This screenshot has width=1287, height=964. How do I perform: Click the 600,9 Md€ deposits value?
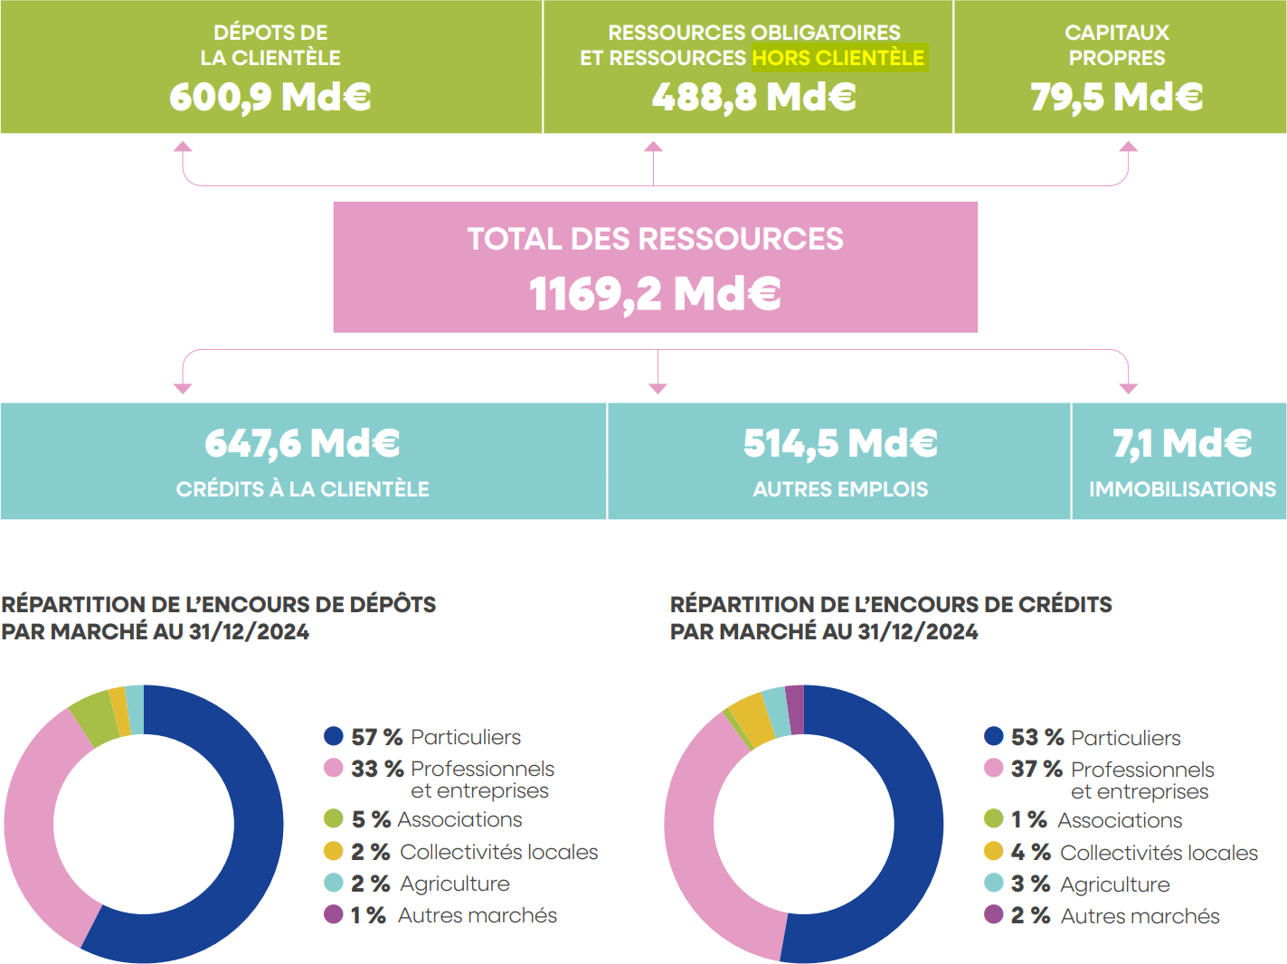(x=270, y=97)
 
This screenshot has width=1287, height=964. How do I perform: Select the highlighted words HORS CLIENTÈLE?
(x=838, y=58)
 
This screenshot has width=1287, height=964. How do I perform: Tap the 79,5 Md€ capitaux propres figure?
(x=1116, y=97)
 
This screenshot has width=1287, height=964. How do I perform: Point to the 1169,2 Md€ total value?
(x=655, y=294)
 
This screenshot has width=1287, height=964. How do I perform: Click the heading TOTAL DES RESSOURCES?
(x=655, y=239)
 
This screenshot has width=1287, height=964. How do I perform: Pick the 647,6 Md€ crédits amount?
(x=302, y=443)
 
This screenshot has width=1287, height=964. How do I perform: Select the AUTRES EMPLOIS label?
(x=840, y=489)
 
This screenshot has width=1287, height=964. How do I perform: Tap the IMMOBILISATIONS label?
(x=1182, y=489)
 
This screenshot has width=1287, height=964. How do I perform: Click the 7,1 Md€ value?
(x=1182, y=443)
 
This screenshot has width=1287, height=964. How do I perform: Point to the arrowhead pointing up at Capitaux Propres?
(x=1128, y=146)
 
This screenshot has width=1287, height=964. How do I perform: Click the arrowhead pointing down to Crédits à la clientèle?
(x=183, y=388)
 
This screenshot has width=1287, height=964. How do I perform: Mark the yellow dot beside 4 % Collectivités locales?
(x=994, y=852)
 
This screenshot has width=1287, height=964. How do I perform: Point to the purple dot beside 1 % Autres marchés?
(x=334, y=914)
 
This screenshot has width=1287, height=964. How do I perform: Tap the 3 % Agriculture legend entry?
(x=1090, y=884)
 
